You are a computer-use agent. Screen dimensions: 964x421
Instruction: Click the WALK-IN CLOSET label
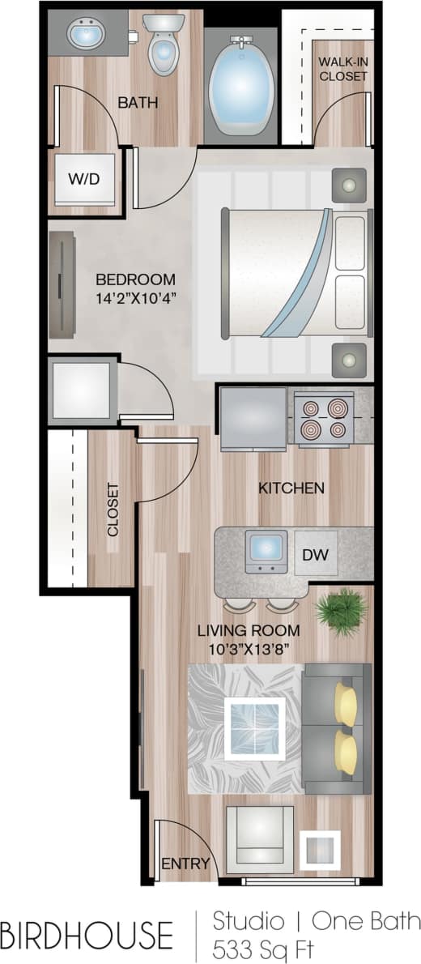[342, 69]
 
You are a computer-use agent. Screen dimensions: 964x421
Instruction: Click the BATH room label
[137, 103]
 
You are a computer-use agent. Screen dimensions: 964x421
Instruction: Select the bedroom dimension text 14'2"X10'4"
[135, 297]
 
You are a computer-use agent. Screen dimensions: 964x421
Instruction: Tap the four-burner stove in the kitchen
[323, 418]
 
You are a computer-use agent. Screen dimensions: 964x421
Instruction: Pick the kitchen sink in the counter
[266, 551]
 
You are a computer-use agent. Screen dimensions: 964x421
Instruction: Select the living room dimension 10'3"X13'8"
[249, 648]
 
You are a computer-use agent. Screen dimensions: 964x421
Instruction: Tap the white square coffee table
[255, 727]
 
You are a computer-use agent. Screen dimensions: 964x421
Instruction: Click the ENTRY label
[185, 864]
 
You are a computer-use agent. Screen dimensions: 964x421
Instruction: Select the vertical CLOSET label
[113, 510]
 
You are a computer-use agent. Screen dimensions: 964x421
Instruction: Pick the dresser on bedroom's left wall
[62, 284]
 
